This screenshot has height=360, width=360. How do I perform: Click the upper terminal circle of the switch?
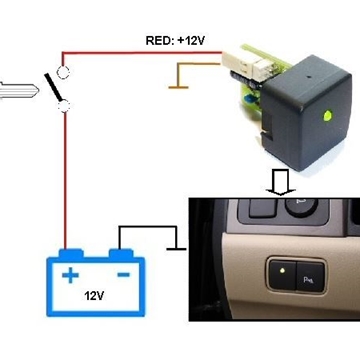point(62,72)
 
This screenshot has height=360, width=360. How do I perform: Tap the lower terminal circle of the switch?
point(62,104)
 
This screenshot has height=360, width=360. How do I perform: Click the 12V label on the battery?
point(96,297)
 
